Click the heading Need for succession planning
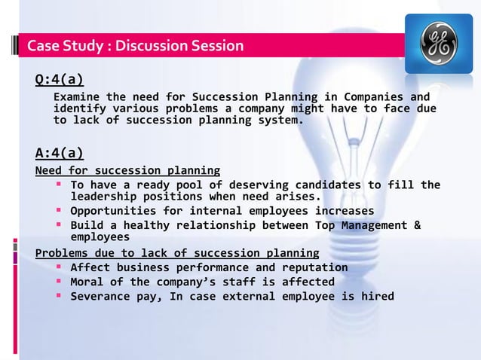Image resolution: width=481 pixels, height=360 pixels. pyautogui.click(x=128, y=170)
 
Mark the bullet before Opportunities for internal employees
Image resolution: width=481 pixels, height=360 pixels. pyautogui.click(x=58, y=211)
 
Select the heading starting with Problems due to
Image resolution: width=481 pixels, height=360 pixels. pyautogui.click(x=177, y=252)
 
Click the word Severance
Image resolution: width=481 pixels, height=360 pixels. pyautogui.click(x=99, y=296)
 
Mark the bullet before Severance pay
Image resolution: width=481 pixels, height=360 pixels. pyautogui.click(x=58, y=296)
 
